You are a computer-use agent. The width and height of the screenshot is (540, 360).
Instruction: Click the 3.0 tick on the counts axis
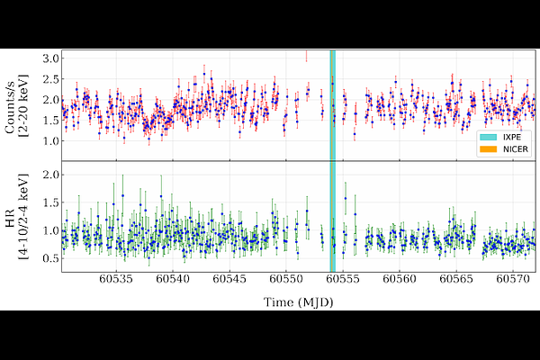click(x=50, y=58)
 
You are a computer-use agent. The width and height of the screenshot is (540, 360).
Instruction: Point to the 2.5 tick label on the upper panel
click(x=50, y=79)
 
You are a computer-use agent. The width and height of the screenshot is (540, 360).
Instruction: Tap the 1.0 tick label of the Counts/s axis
click(x=50, y=141)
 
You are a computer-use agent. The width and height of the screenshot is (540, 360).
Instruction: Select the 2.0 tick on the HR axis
click(x=50, y=175)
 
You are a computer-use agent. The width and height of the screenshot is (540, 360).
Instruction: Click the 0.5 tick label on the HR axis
click(x=50, y=258)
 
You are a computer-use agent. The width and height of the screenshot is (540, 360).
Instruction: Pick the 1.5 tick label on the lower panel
click(x=50, y=202)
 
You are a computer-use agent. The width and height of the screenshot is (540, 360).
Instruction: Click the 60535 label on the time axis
click(x=116, y=279)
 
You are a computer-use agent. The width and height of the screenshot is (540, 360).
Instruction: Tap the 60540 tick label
click(x=173, y=279)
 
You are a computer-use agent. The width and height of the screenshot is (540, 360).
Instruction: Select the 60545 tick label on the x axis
click(x=229, y=279)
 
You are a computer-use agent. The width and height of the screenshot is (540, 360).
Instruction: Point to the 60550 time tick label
click(x=286, y=279)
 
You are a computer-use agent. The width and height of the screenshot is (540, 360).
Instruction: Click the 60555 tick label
click(x=343, y=279)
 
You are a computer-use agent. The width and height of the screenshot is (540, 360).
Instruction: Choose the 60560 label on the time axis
click(x=400, y=279)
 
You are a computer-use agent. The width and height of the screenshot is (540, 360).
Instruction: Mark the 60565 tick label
click(x=456, y=279)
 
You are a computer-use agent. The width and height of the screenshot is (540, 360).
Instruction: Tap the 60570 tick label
click(x=513, y=279)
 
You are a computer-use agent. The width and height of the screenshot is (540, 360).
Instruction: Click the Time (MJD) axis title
click(x=298, y=302)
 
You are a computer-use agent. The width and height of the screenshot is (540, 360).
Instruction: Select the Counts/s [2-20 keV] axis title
click(x=16, y=105)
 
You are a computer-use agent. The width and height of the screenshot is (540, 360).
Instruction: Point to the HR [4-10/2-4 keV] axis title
click(x=16, y=217)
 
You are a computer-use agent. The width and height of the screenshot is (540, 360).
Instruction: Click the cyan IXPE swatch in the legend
click(x=489, y=137)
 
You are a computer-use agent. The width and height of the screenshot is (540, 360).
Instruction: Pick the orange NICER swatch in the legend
click(x=489, y=149)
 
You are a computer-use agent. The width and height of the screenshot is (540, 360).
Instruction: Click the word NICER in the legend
click(x=516, y=149)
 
